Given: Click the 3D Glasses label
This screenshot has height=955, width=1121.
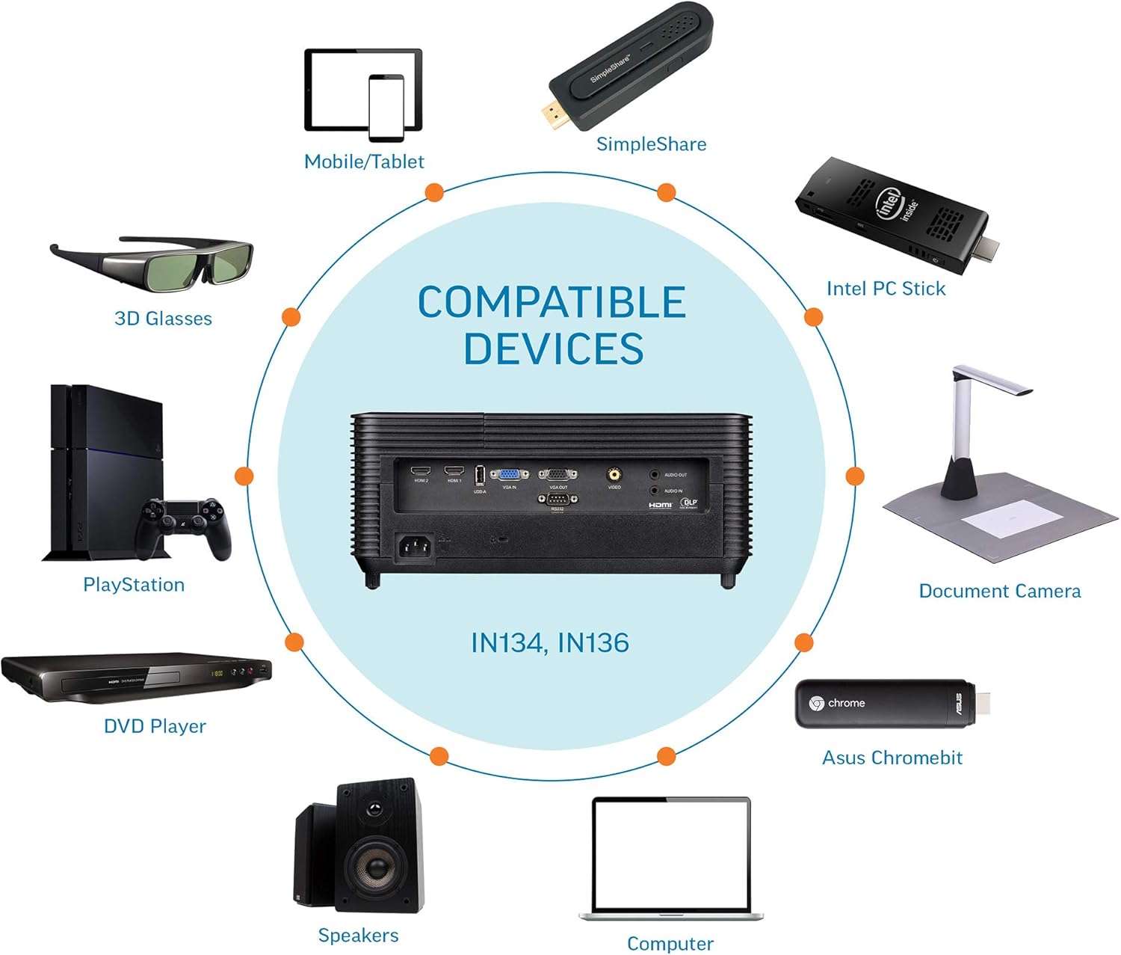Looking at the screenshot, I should (x=163, y=319).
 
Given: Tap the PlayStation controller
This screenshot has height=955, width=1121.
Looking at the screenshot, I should (x=182, y=524).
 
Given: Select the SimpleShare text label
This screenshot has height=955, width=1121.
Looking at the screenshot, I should (x=651, y=144).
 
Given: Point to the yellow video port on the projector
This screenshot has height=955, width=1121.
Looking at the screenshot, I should (x=614, y=473).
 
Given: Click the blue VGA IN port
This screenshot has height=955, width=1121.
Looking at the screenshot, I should (x=509, y=474).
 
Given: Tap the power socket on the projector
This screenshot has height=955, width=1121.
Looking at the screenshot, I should (x=414, y=548).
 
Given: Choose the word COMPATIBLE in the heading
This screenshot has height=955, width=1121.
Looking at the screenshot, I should (x=552, y=302).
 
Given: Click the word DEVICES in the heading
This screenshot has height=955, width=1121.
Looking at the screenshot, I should (x=553, y=348).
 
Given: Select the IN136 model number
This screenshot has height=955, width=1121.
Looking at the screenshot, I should (x=593, y=643).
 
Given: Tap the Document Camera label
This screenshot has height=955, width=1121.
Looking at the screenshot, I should (x=999, y=592).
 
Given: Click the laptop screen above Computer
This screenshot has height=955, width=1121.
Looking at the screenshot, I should (x=670, y=853).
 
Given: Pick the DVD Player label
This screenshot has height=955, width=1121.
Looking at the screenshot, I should (x=155, y=726).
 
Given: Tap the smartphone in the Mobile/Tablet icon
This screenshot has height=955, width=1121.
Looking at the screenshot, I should (x=386, y=107).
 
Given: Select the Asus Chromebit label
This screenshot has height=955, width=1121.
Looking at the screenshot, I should (x=892, y=758).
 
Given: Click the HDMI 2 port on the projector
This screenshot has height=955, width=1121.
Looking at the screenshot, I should (x=421, y=471).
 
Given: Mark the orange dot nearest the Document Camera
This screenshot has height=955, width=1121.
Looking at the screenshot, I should (x=855, y=476).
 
